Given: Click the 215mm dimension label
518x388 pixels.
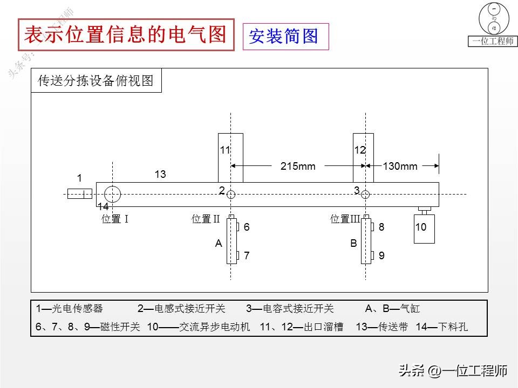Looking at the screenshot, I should (x=298, y=166).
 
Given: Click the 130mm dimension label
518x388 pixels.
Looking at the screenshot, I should (x=400, y=166).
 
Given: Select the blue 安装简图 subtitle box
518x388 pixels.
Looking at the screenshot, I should (x=285, y=37).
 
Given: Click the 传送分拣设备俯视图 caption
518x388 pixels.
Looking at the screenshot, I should (x=96, y=81).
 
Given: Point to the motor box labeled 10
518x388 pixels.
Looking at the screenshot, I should (x=424, y=228).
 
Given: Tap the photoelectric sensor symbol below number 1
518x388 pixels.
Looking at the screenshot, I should (x=79, y=194).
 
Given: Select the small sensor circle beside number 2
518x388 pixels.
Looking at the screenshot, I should (x=231, y=195).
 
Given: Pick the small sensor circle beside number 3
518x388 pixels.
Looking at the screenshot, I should (x=365, y=195).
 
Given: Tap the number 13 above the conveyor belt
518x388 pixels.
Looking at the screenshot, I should (x=160, y=174).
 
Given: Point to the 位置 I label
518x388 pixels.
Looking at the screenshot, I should (x=114, y=219).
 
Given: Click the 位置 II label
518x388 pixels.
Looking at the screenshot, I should (x=206, y=219).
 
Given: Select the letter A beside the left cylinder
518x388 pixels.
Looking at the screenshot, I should (x=219, y=244).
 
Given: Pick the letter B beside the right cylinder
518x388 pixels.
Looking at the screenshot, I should (x=353, y=244).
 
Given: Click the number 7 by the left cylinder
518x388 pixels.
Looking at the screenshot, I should (x=247, y=256).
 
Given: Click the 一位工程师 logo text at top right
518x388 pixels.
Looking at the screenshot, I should (x=493, y=41).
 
